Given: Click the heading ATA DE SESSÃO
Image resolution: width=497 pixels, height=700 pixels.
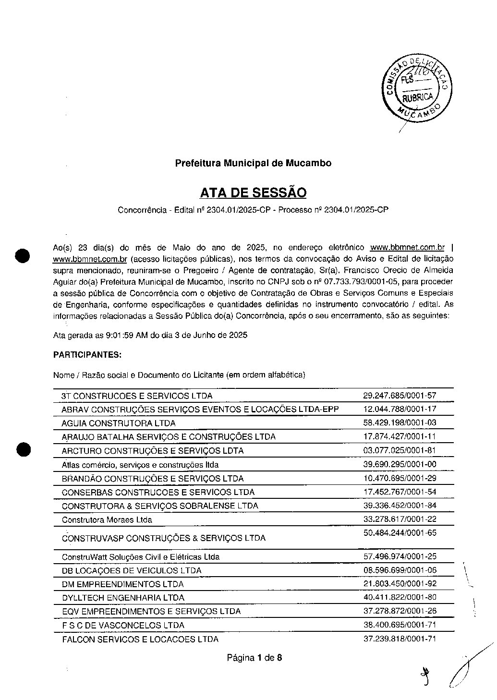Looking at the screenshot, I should (253, 193).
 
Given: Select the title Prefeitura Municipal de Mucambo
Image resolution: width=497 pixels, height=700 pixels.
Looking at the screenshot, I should (253, 163).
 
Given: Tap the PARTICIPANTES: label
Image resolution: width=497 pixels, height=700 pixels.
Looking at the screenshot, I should (87, 355).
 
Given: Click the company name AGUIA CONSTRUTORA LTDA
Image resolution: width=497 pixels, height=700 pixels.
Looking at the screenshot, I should (119, 423).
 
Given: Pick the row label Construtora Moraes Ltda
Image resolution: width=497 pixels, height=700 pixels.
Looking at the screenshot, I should (107, 520).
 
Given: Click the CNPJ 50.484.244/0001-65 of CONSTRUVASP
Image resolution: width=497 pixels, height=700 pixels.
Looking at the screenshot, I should (400, 533).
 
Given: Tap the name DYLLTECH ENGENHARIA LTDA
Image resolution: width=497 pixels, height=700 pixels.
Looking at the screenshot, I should (123, 598).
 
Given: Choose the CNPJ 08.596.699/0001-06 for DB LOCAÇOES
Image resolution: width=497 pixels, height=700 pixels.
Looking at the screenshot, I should (400, 570).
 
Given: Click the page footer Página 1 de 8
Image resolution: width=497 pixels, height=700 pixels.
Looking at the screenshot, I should (255, 658).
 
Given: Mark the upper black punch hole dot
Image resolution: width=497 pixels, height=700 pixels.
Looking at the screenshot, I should (23, 255).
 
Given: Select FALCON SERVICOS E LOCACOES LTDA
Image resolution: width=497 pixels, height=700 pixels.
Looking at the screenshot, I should (140, 640).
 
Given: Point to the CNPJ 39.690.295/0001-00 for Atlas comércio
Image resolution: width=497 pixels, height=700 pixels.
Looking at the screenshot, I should (400, 464).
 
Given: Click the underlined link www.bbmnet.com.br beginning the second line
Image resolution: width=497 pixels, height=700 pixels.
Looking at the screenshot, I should (90, 260).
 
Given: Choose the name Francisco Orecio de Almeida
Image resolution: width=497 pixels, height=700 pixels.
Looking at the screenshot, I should (405, 270).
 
